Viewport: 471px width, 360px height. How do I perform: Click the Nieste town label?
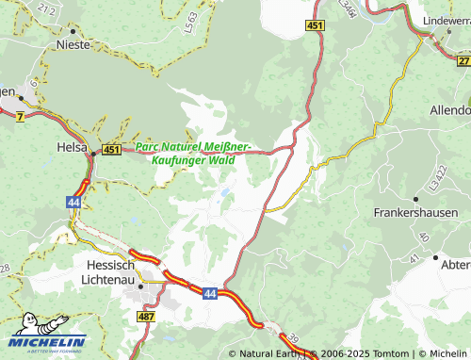[73, 44]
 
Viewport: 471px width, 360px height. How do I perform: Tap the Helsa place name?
[72, 148]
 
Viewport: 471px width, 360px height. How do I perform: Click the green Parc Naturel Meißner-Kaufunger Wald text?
[192, 154]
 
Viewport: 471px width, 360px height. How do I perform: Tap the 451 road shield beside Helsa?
[112, 149]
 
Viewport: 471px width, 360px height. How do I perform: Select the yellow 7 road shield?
[20, 115]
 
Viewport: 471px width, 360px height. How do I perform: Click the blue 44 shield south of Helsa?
[73, 202]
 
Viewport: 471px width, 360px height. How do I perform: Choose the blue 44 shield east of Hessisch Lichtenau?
[209, 294]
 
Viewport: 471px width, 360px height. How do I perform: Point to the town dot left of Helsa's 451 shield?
[93, 149]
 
